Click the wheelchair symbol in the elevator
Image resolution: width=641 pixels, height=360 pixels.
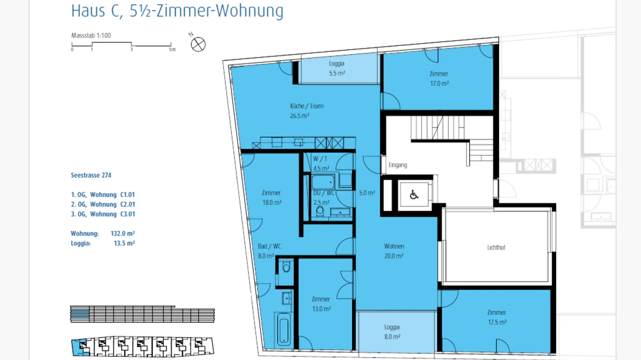pyautogui.click(x=414, y=194)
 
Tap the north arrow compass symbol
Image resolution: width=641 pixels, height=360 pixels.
pyautogui.click(x=198, y=44)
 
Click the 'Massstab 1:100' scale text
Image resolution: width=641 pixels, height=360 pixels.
pyautogui.click(x=91, y=36)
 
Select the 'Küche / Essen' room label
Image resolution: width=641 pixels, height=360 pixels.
pyautogui.click(x=307, y=106)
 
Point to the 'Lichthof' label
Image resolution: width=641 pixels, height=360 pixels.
pyautogui.click(x=496, y=247)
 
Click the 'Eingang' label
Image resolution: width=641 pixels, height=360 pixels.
pyautogui.click(x=398, y=165)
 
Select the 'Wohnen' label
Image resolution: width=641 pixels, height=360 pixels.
pyautogui.click(x=394, y=246)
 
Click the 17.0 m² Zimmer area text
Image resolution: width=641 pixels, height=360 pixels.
pyautogui.click(x=439, y=83)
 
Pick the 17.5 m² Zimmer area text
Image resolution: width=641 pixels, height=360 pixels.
pyautogui.click(x=497, y=322)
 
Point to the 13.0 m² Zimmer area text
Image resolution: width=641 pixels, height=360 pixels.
pyautogui.click(x=321, y=309)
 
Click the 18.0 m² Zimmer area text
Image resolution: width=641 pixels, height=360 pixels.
pyautogui.click(x=271, y=202)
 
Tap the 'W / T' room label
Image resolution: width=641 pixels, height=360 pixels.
pyautogui.click(x=320, y=159)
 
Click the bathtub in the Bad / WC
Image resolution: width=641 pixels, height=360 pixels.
pyautogui.click(x=283, y=329)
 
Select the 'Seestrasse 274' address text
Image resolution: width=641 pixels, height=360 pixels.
pyautogui.click(x=91, y=175)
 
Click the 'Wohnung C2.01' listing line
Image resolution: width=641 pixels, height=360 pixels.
pyautogui.click(x=103, y=204)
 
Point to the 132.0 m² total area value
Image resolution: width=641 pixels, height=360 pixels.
pyautogui.click(x=122, y=234)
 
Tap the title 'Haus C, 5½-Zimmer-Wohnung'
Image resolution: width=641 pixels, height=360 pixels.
pyautogui.click(x=177, y=11)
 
